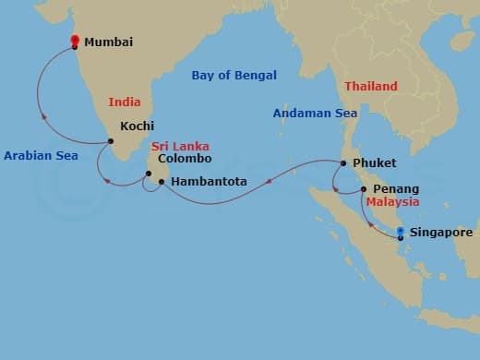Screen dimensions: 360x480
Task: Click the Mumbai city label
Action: pyautogui.click(x=109, y=42)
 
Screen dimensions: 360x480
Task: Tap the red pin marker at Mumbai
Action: pyautogui.click(x=75, y=41)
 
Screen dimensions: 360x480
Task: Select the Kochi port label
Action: pyautogui.click(x=138, y=126)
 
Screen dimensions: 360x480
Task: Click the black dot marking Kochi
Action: pyautogui.click(x=111, y=141)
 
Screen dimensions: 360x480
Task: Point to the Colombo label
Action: pyautogui.click(x=185, y=158)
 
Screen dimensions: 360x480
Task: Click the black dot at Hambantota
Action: pyautogui.click(x=162, y=182)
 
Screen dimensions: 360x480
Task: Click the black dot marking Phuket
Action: pyautogui.click(x=342, y=164)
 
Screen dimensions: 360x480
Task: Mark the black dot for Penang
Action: pyautogui.click(x=364, y=188)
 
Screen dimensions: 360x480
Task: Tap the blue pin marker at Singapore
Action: pyautogui.click(x=400, y=232)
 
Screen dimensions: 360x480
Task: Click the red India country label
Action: pyautogui.click(x=125, y=102)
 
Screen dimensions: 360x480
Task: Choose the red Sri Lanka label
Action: pyautogui.click(x=180, y=146)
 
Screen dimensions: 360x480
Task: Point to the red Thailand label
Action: pyautogui.click(x=371, y=86)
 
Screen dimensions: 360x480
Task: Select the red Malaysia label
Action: pyautogui.click(x=392, y=201)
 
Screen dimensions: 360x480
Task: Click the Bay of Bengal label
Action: pyautogui.click(x=234, y=76)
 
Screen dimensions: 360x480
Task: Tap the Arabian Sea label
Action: pyautogui.click(x=41, y=156)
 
